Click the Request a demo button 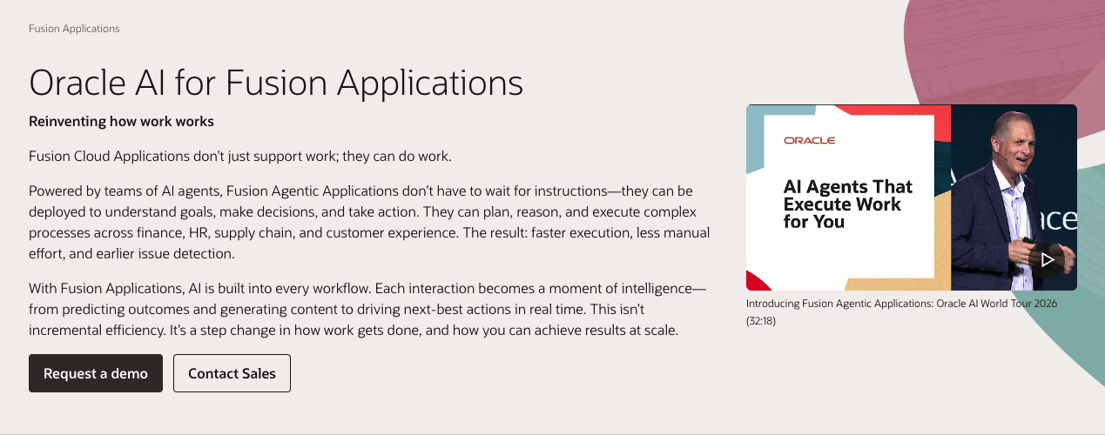point(96,373)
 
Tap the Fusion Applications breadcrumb point(74,29)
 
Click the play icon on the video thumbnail point(1047,259)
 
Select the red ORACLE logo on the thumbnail point(810,140)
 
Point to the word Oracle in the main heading point(77,83)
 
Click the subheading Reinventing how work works point(121,121)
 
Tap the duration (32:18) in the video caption point(761,321)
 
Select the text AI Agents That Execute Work point(848,196)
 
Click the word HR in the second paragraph point(198,232)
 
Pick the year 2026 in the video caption point(1045,304)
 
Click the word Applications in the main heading point(430,84)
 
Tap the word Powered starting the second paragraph point(56,191)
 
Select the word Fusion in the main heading point(276,83)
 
